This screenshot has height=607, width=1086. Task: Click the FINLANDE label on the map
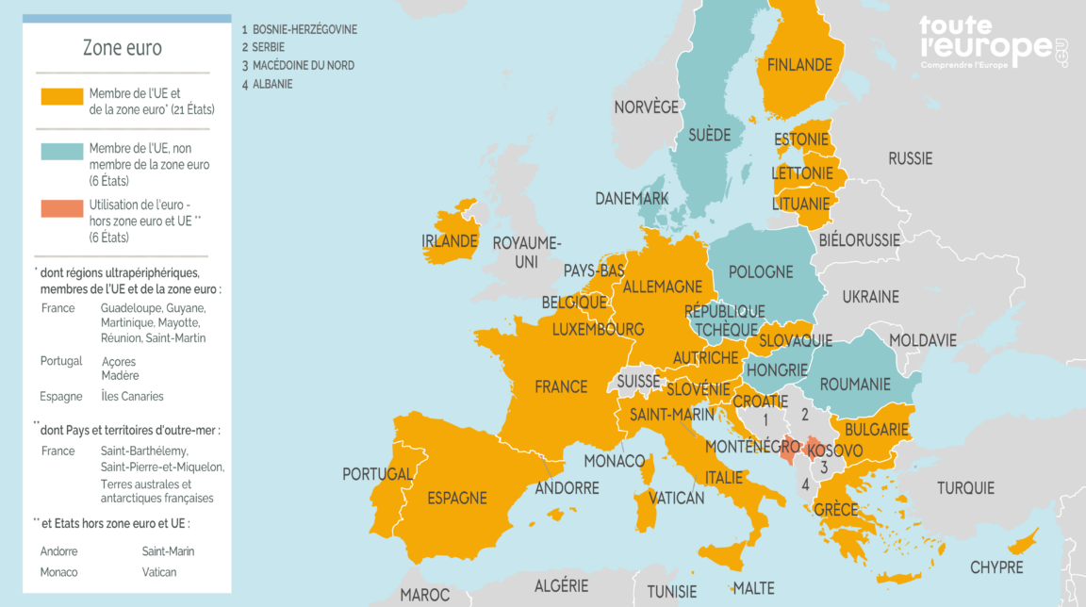pyautogui.click(x=799, y=65)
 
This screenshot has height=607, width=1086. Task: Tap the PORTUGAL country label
pyautogui.click(x=377, y=474)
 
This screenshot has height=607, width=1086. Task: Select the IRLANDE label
pyautogui.click(x=449, y=241)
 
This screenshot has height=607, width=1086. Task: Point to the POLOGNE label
pyautogui.click(x=761, y=272)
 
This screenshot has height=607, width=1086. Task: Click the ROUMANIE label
pyautogui.click(x=855, y=385)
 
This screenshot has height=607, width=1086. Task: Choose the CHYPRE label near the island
pyautogui.click(x=996, y=567)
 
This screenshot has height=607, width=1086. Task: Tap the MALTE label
pyautogui.click(x=753, y=589)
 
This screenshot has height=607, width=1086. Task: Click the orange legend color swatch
pyautogui.click(x=61, y=96)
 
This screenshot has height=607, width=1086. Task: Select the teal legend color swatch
pyautogui.click(x=61, y=152)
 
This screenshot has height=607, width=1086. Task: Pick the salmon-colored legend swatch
pyautogui.click(x=61, y=208)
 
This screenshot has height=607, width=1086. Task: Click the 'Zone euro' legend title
pyautogui.click(x=123, y=48)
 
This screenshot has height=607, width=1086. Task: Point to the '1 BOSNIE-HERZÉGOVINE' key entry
pyautogui.click(x=299, y=29)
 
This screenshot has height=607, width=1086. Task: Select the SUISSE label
pyautogui.click(x=638, y=382)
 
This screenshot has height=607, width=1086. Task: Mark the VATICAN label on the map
pyautogui.click(x=677, y=498)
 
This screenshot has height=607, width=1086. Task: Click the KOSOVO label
pyautogui.click(x=835, y=451)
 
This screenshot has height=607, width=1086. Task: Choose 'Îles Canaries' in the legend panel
pyautogui.click(x=132, y=396)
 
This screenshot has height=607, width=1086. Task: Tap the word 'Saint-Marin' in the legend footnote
pyautogui.click(x=168, y=551)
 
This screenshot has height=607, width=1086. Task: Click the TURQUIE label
pyautogui.click(x=965, y=488)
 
